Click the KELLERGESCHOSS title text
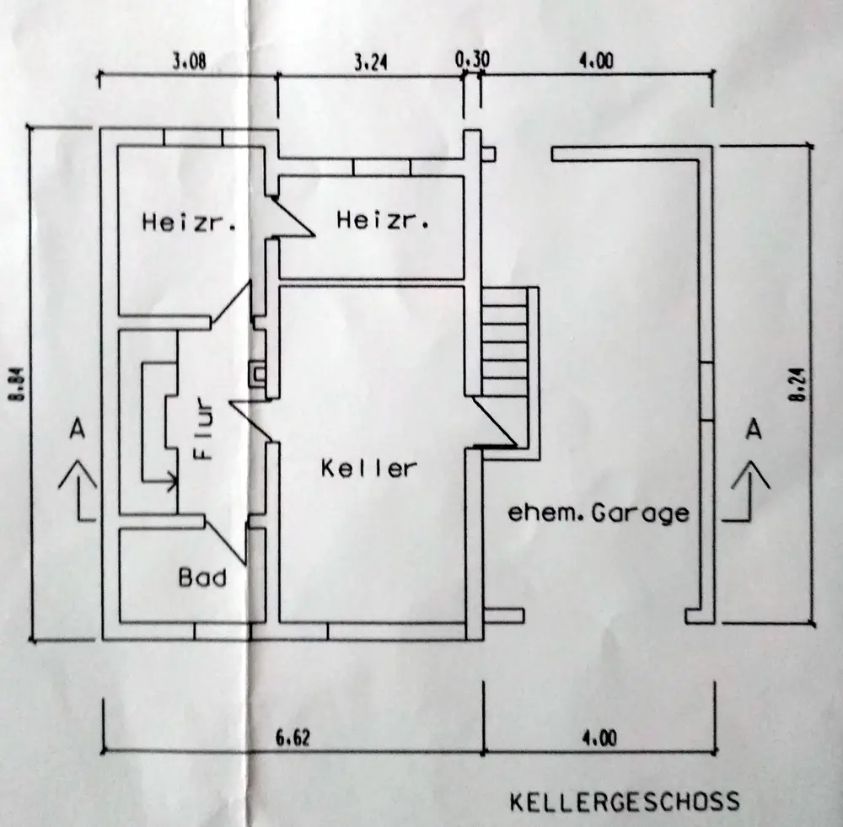(624, 802)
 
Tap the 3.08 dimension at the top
(189, 62)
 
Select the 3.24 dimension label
(370, 63)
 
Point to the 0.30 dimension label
(473, 60)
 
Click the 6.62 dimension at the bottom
(293, 738)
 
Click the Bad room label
(202, 577)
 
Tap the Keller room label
(369, 469)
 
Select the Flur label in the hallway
(203, 428)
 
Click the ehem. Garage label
(599, 513)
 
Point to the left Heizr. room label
(189, 222)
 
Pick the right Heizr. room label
(383, 220)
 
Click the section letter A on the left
(78, 430)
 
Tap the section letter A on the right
(754, 430)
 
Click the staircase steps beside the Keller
(505, 341)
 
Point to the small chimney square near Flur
(257, 374)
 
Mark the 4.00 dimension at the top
(596, 62)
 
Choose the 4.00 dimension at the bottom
(599, 738)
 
